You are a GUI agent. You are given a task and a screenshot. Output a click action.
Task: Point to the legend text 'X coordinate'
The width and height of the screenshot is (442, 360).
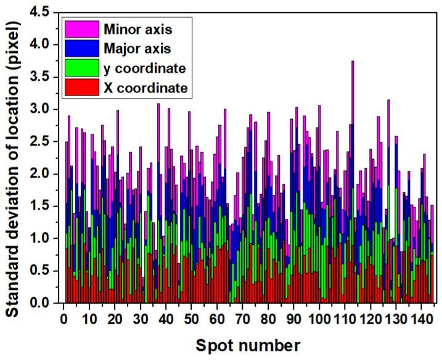pos(145,88)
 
